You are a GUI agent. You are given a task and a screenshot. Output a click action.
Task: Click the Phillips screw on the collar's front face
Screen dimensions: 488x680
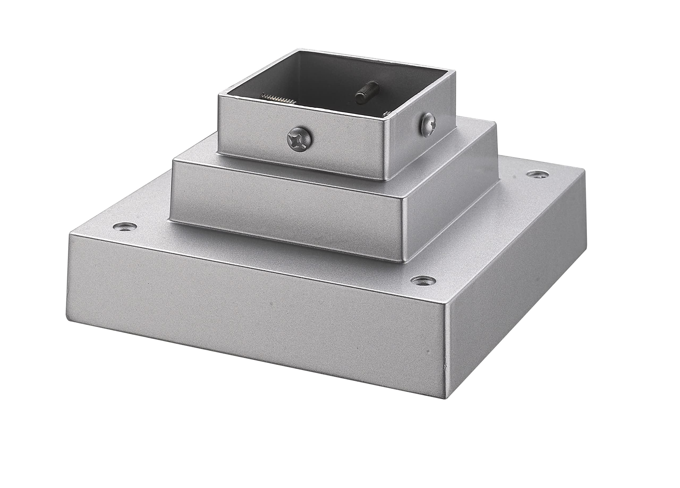coord(300,140)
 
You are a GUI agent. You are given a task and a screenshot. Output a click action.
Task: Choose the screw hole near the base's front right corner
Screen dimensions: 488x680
coord(423,280)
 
